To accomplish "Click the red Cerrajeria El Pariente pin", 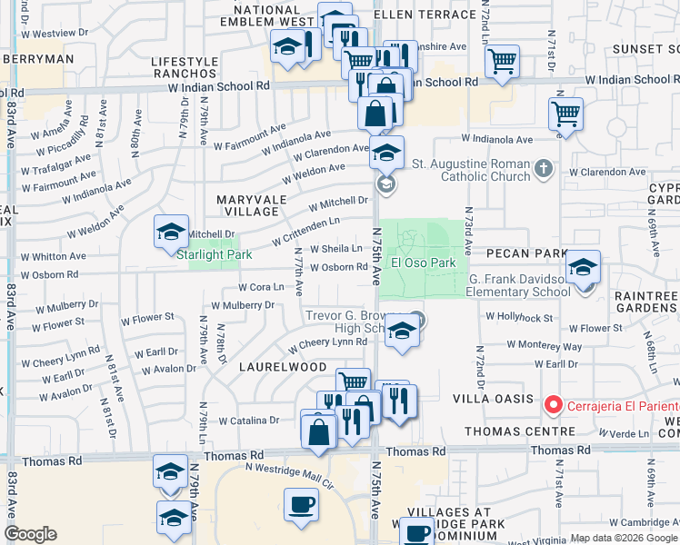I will pyautogui.click(x=551, y=404).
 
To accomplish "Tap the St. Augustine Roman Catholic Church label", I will pyautogui.click(x=470, y=170).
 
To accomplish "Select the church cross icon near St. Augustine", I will pyautogui.click(x=544, y=168).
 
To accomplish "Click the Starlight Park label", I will pyautogui.click(x=214, y=255).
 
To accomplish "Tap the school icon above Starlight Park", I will pyautogui.click(x=171, y=232).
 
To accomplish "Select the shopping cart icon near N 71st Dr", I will pyautogui.click(x=566, y=114).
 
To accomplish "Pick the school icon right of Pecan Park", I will pyautogui.click(x=583, y=266).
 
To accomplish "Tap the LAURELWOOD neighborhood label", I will pyautogui.click(x=283, y=367).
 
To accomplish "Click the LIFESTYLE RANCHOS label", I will pyautogui.click(x=185, y=68).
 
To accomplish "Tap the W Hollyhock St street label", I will pyautogui.click(x=519, y=317).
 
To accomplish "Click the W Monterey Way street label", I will pyautogui.click(x=544, y=346).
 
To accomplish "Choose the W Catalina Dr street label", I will pyautogui.click(x=249, y=421).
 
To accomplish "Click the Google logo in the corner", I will pyautogui.click(x=30, y=534).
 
